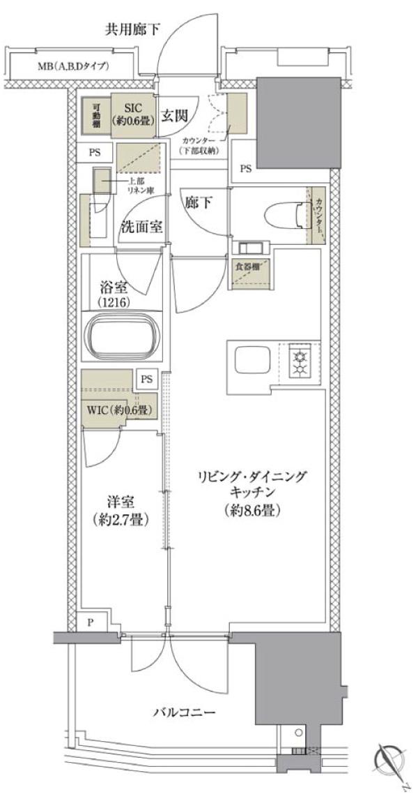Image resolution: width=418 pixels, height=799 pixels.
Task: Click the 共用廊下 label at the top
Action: pyautogui.click(x=132, y=29)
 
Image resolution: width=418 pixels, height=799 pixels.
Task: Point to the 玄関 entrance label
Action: pyautogui.click(x=175, y=116)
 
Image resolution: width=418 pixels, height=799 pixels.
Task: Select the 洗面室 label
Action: pyautogui.click(x=142, y=227)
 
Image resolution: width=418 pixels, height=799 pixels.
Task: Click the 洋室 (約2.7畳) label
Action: pyautogui.click(x=121, y=511)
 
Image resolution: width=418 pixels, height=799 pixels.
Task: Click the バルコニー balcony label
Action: pyautogui.click(x=184, y=712)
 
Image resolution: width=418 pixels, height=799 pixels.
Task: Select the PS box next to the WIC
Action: pyautogui.click(x=146, y=379)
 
